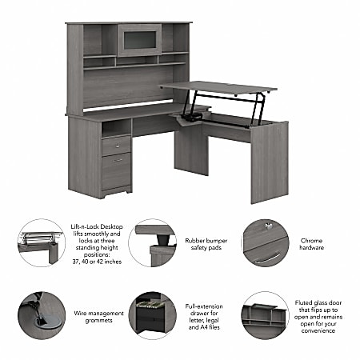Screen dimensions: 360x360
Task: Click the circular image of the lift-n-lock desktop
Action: pos(41,243)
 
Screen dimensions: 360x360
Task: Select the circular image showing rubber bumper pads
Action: pos(152,243)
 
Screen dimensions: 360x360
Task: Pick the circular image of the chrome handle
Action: pos(265,243)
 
